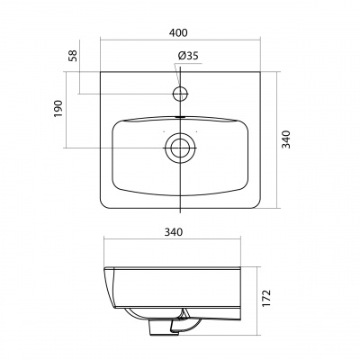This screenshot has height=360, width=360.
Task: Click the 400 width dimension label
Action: pos(178,32)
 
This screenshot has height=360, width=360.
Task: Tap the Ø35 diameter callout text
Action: pos(188,56)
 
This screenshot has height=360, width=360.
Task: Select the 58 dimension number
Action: pos(73,56)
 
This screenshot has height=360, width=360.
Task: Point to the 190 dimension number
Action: pos(58,109)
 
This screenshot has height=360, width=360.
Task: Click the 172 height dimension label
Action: pos(266,298)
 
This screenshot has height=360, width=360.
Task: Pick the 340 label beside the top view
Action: pos(286,139)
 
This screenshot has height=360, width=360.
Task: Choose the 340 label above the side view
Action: pos(173,232)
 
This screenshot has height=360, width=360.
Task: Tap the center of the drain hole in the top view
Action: pos(180,148)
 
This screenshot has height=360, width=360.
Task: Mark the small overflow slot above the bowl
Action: pos(180,117)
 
